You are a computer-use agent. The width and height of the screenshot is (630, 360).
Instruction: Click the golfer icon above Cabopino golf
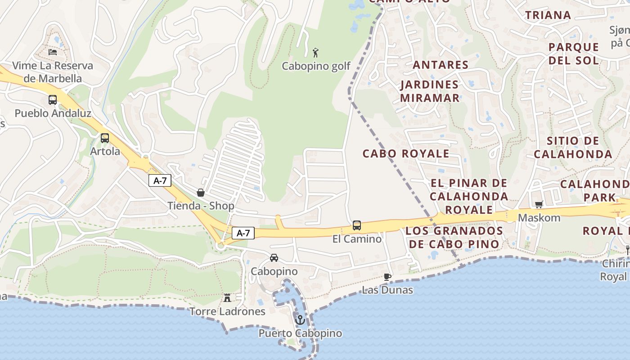(315, 53)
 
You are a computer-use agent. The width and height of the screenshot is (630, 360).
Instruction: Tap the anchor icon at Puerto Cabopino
(300, 320)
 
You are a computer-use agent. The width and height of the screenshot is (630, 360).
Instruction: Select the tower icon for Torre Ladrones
(227, 298)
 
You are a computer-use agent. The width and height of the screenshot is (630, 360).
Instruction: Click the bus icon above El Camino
(357, 225)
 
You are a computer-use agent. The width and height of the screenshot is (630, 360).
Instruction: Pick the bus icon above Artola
(105, 138)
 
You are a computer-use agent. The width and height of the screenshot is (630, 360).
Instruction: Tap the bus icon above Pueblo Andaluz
(53, 100)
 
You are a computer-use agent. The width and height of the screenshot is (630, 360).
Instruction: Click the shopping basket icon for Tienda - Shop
(201, 193)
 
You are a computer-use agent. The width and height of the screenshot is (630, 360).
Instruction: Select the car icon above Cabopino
(274, 258)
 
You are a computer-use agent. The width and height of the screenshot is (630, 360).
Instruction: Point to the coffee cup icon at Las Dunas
(387, 277)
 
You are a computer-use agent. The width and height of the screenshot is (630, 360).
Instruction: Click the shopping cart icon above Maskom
(539, 205)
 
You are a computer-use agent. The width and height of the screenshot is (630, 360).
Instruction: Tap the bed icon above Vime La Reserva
(53, 52)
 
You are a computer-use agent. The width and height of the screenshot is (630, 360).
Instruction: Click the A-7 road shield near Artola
(160, 181)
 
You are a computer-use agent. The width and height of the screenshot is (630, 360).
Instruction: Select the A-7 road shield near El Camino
(243, 233)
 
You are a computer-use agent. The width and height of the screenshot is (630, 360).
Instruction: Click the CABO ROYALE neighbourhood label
(406, 153)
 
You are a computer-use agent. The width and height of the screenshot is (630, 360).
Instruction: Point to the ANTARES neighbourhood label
(441, 65)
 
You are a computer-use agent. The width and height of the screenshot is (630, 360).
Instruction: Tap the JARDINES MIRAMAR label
(429, 91)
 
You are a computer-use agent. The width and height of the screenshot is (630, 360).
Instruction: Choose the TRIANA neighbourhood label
(548, 15)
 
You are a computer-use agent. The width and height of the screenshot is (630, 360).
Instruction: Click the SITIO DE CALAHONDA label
(572, 147)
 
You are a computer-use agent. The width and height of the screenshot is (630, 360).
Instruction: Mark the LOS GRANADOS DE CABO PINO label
(453, 237)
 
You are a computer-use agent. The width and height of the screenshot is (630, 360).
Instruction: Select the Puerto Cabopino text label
(300, 333)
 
